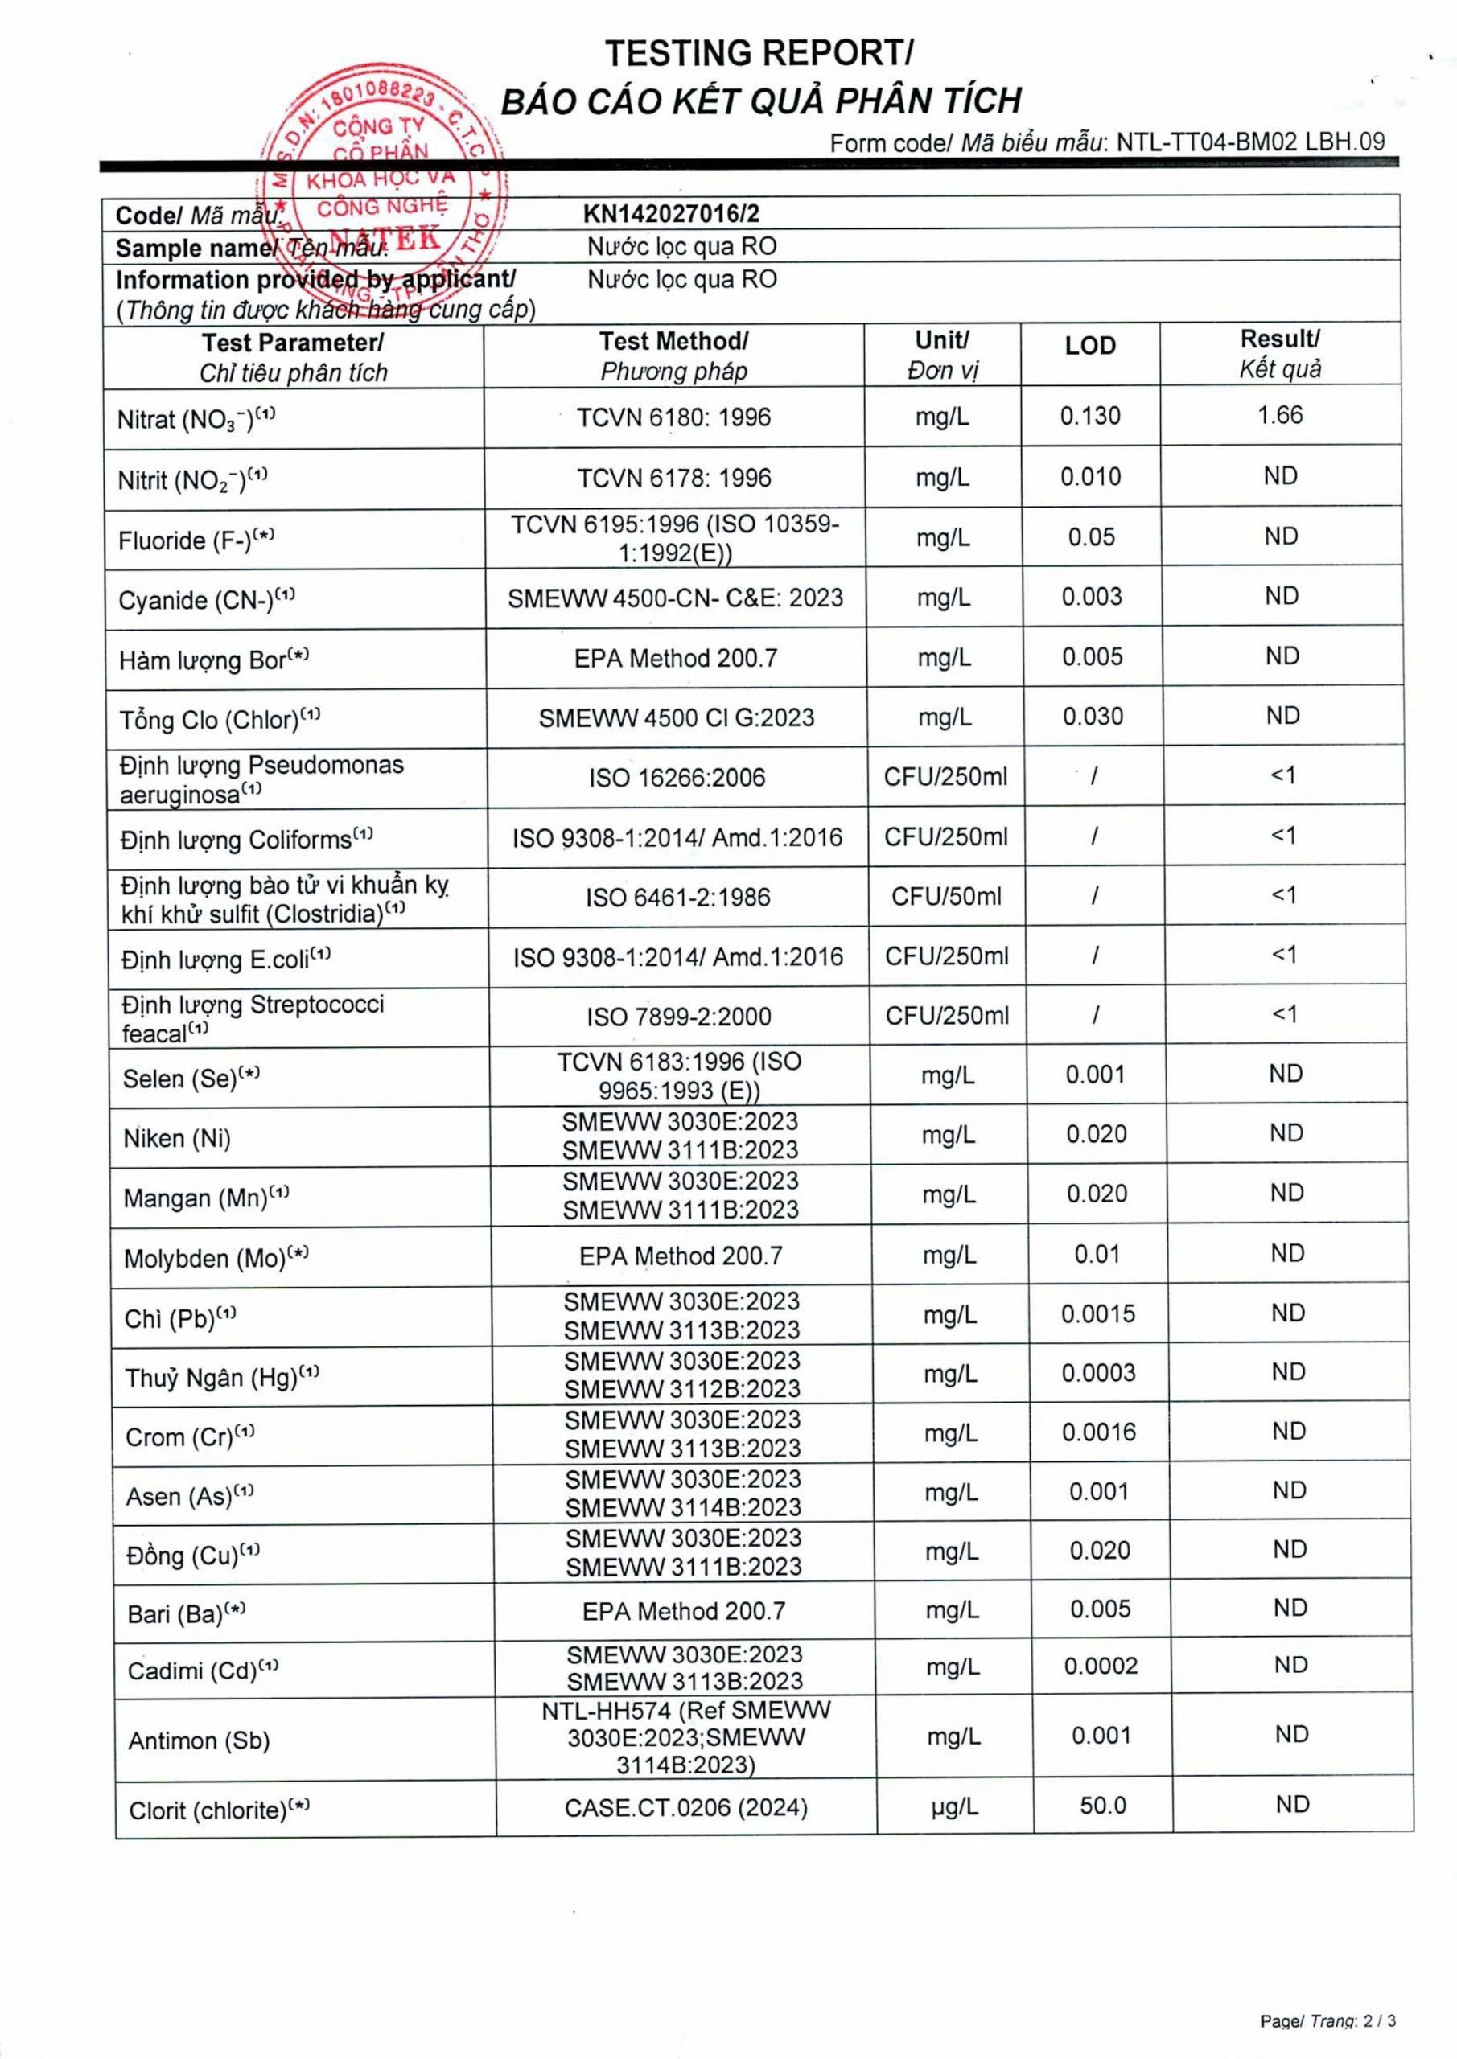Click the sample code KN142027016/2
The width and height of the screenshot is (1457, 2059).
click(x=671, y=213)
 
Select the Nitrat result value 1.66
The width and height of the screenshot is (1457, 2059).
click(x=1279, y=415)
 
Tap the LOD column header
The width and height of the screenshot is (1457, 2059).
click(x=1090, y=346)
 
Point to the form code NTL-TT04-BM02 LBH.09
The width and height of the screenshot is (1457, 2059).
click(x=1251, y=142)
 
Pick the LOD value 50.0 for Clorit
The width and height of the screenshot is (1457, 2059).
click(x=1103, y=1805)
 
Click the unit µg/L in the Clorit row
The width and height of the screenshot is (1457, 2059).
click(x=955, y=1806)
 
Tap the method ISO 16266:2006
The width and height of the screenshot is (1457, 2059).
click(x=677, y=778)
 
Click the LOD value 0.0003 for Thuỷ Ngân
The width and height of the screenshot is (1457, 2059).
click(x=1098, y=1373)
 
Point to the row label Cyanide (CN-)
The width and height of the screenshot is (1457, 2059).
click(x=196, y=600)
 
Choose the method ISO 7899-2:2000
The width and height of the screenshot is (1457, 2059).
click(x=679, y=1017)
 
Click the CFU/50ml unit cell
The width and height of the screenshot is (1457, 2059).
click(x=946, y=897)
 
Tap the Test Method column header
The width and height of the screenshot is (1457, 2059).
click(x=673, y=356)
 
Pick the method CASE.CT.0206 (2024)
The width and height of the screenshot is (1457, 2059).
click(x=686, y=1807)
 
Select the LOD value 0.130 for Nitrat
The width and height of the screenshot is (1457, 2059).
click(x=1090, y=416)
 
